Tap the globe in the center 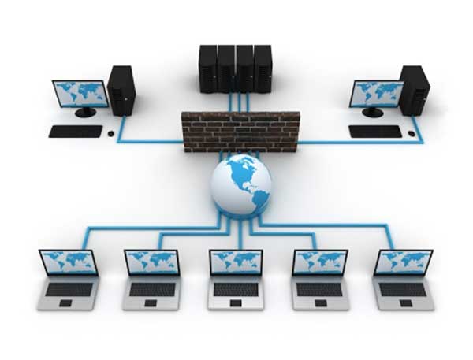click(240, 184)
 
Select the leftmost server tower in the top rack click(208, 69)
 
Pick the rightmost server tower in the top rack click(263, 69)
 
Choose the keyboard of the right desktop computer click(375, 132)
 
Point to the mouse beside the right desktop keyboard click(412, 133)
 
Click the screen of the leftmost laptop click(69, 262)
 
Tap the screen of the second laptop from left click(152, 262)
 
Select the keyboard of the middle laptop click(236, 289)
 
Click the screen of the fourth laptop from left click(320, 262)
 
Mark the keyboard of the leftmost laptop click(69, 289)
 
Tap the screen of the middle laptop click(236, 262)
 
